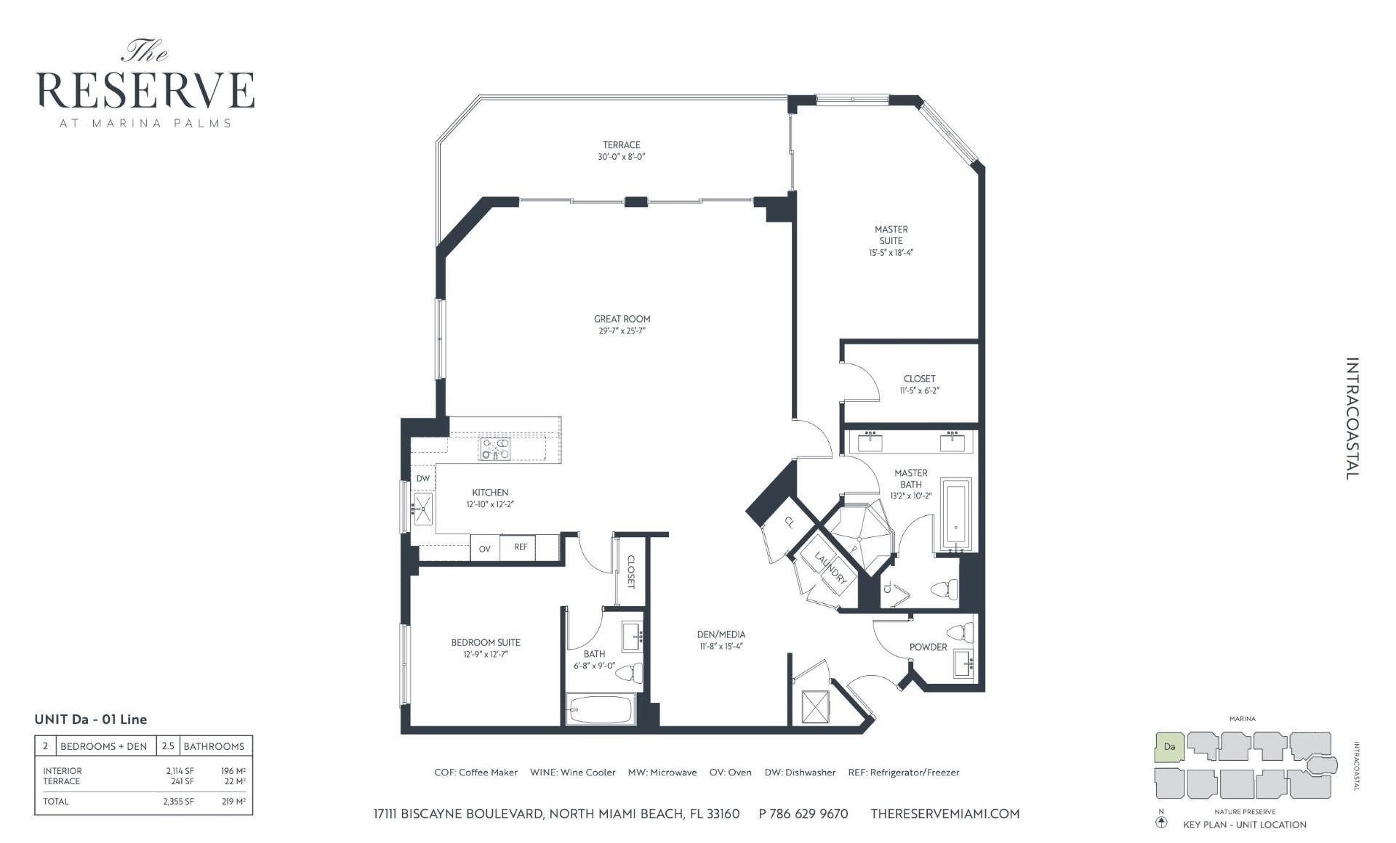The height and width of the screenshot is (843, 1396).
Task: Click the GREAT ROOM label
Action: point(622,319)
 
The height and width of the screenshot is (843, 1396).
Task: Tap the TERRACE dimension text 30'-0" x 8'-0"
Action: point(621,157)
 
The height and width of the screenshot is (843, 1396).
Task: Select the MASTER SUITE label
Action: point(891,235)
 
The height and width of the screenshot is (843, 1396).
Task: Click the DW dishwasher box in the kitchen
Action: point(423,479)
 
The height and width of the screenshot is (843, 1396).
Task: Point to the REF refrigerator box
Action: point(521,547)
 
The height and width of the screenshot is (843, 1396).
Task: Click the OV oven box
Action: point(485,549)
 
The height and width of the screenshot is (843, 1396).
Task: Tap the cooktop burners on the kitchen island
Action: point(495,449)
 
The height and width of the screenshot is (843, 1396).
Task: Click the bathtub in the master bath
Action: point(956,516)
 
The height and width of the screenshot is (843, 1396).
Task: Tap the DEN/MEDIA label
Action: point(721,634)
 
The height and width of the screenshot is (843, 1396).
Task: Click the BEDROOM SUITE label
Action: point(486,642)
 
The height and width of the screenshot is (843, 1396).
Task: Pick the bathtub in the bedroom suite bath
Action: point(601,709)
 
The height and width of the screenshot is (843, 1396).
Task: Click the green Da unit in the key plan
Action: point(1170,747)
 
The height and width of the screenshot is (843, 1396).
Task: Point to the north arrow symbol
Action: point(1161,823)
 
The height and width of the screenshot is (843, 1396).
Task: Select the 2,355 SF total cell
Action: point(178,802)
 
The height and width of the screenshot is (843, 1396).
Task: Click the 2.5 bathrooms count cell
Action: point(168,746)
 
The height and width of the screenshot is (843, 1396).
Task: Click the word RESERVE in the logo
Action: point(145,91)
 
